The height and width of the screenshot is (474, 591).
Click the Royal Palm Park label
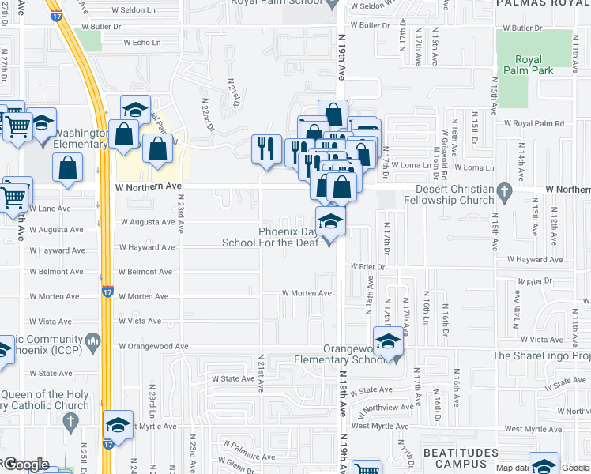529,65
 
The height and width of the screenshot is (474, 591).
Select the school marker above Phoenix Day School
331,220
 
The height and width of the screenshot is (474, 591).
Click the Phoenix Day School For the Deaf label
290,237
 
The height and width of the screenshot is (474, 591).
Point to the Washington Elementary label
81,138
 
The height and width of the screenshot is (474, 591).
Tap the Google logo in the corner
25,465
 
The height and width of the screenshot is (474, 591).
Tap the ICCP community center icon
94,341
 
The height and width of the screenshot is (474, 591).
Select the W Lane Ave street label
50,209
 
